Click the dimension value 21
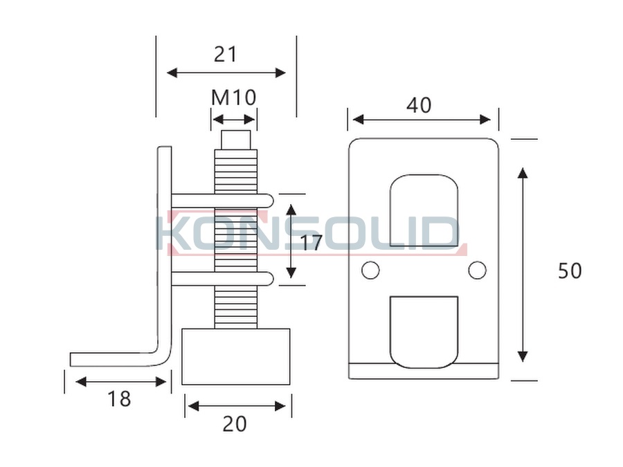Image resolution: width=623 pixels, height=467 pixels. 225,55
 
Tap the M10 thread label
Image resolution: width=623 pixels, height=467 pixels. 234,98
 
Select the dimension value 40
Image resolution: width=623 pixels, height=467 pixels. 419,105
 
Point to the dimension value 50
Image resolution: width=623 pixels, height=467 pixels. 570,271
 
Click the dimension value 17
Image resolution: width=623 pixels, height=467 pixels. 310,243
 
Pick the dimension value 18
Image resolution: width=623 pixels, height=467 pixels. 119,399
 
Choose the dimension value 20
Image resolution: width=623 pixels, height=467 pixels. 235,424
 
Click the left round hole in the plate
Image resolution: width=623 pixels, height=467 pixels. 370,270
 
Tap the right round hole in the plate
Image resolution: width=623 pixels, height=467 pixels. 477,270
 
